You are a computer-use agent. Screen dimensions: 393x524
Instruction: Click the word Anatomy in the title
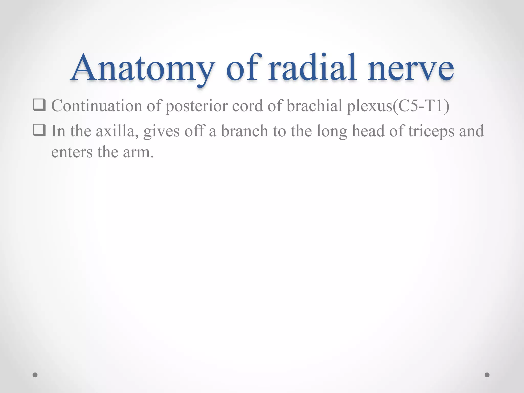(x=142, y=68)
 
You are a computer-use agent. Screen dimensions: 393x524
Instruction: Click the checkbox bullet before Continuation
(x=39, y=105)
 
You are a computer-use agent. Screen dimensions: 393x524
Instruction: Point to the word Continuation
(x=97, y=106)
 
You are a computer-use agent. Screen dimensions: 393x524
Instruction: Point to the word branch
(x=244, y=131)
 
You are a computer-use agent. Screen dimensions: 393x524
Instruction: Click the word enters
(x=72, y=152)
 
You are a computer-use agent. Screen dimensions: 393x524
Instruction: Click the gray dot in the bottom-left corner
(x=35, y=375)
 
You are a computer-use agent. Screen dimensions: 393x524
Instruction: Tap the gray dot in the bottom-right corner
(x=487, y=375)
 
